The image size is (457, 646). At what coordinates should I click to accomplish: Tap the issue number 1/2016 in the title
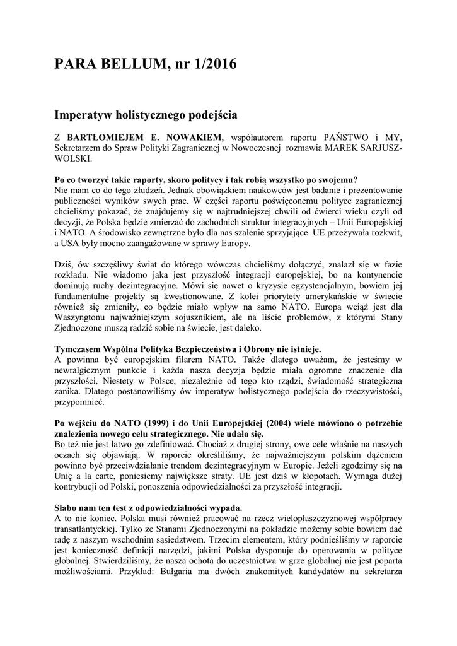212,64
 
